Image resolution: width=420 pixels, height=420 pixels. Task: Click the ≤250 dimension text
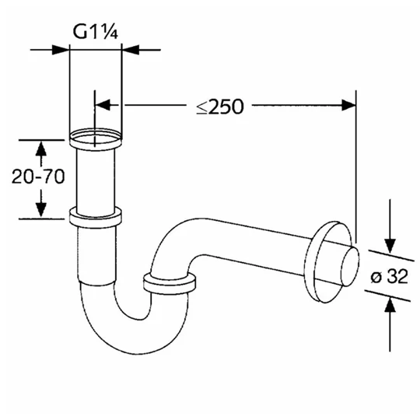[x=219, y=107]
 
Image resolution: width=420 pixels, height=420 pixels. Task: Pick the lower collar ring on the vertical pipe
[x=96, y=216]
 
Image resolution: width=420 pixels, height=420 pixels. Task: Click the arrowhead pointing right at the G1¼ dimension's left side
[x=63, y=50]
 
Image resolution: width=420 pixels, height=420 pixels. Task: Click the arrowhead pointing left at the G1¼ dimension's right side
[x=128, y=50]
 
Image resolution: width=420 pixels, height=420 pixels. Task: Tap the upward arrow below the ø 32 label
[x=390, y=306]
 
